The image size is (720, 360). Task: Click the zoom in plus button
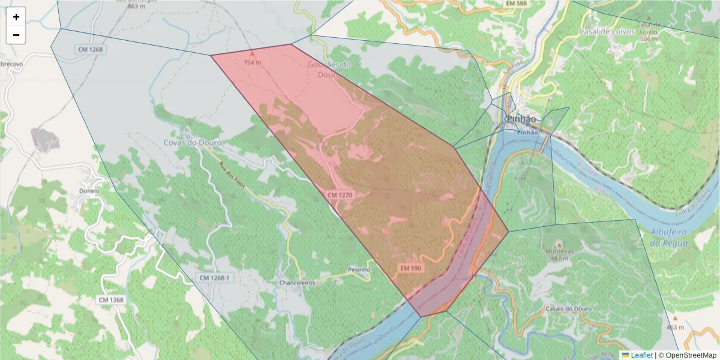(x=16, y=17)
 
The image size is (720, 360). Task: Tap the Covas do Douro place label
(x=193, y=143)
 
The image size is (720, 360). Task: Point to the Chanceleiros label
(x=297, y=283)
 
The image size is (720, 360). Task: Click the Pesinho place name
(x=359, y=270)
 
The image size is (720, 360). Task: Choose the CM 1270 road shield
(x=340, y=195)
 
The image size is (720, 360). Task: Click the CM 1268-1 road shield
(x=215, y=278)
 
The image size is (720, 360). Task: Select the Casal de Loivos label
(x=607, y=31)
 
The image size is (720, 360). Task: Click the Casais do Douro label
(x=569, y=308)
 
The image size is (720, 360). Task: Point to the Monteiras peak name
(x=559, y=251)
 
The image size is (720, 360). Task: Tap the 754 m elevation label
(x=253, y=62)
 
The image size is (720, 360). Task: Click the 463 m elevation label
(x=675, y=328)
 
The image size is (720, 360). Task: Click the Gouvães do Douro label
(x=328, y=70)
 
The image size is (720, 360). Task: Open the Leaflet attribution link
(x=641, y=355)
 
